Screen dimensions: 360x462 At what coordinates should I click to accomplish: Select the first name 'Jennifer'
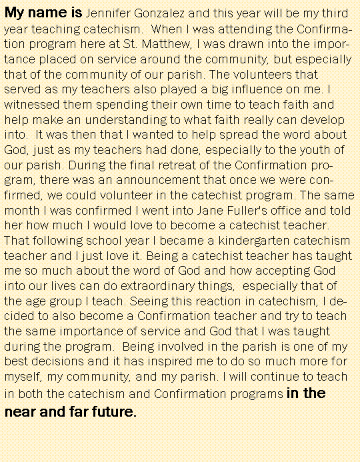point(110,13)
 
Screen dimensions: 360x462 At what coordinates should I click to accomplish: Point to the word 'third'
point(331,13)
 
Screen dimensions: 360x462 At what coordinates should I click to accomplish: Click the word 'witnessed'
point(31,105)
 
